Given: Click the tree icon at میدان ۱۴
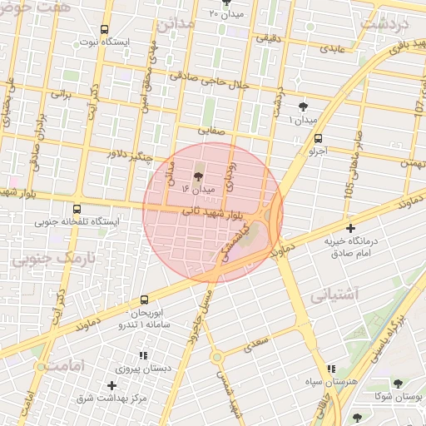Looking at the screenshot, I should point(197,176).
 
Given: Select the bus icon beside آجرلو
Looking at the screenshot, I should point(319,139).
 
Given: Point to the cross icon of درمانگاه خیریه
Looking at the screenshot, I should point(350,227).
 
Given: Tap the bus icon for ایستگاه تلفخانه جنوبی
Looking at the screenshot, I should point(77,210).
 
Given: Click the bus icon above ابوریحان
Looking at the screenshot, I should point(145,299).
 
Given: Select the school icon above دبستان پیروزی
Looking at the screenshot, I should point(143,355).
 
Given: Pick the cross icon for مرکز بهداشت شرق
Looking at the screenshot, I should point(111,385).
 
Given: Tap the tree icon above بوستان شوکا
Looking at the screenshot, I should point(397,384).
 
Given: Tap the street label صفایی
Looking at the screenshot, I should point(211,130).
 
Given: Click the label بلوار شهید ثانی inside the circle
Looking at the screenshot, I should point(212,214).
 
